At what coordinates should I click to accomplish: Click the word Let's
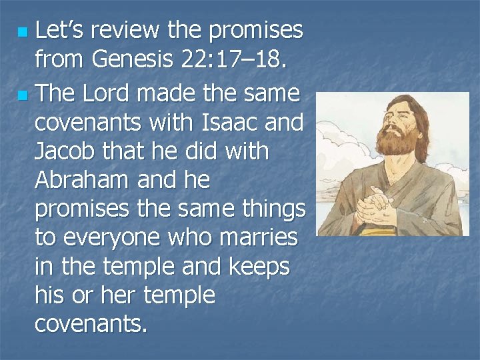[59, 30]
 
